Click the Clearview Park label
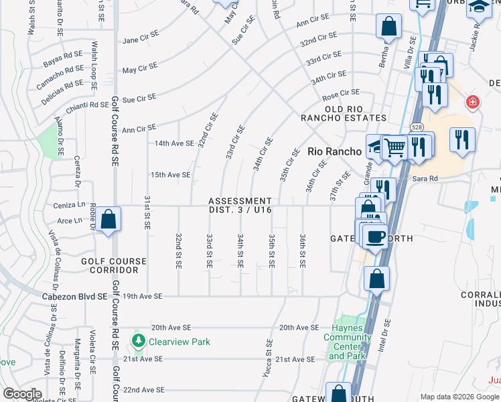click(x=180, y=342)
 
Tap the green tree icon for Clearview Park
click(x=139, y=341)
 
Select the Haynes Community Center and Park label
click(x=346, y=342)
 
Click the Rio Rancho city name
click(x=334, y=151)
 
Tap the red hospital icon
click(x=473, y=102)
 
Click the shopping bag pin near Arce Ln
click(x=108, y=219)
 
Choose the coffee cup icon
click(x=376, y=236)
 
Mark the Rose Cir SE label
click(x=341, y=92)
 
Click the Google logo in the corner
click(x=22, y=394)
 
